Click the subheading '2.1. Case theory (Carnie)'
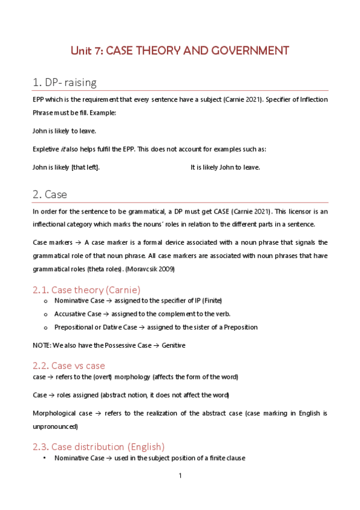point(86,289)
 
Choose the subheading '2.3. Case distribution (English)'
point(99,446)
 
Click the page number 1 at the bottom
point(180,476)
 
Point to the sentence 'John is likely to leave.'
point(64,131)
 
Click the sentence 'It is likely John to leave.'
point(225,167)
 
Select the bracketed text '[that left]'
point(85,167)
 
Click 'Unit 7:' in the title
point(87,51)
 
